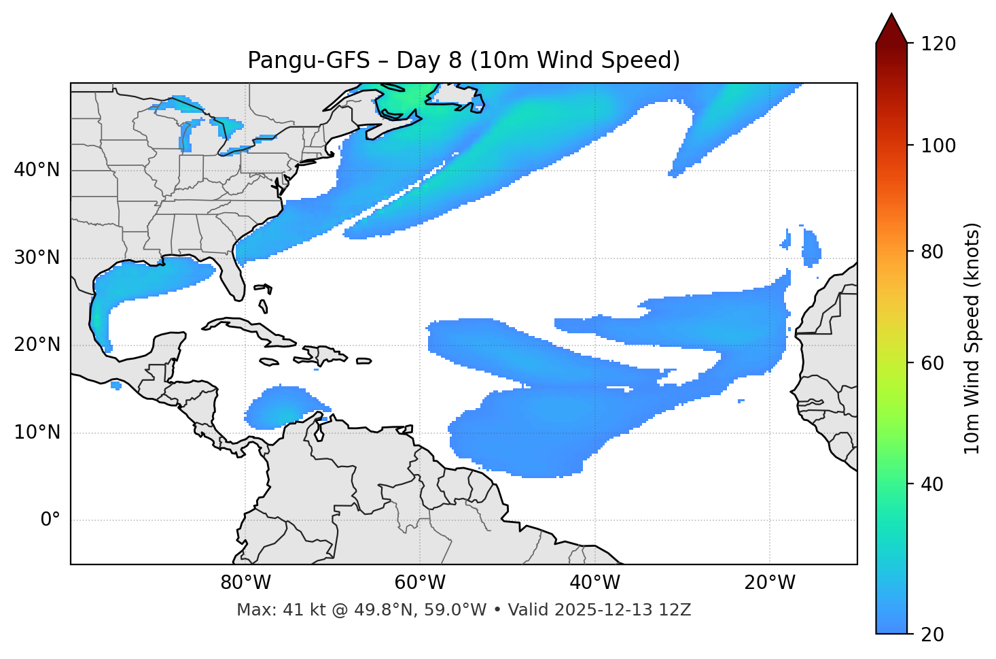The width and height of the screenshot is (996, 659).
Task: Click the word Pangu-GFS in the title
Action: click(x=308, y=61)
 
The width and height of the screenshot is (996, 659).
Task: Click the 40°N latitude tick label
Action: click(x=37, y=170)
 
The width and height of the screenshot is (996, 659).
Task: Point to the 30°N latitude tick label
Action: click(x=37, y=258)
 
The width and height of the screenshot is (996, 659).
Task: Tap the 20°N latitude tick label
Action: click(x=37, y=345)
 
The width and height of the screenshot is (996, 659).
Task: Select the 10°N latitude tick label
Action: click(x=37, y=433)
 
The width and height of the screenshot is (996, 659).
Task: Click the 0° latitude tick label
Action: click(x=50, y=520)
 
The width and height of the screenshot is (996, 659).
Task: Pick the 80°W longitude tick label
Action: click(x=245, y=583)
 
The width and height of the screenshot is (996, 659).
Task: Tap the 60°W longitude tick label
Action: click(x=420, y=583)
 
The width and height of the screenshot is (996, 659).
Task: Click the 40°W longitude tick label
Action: click(x=594, y=583)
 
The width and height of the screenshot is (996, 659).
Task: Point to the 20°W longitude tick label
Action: click(x=769, y=583)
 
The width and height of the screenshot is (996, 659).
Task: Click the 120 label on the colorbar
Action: click(x=938, y=44)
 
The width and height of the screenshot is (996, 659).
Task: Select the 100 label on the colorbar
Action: click(x=938, y=146)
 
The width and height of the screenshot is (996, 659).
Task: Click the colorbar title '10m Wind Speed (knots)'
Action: click(x=972, y=338)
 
